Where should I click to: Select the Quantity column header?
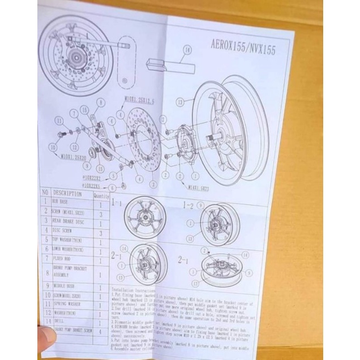click(101, 195)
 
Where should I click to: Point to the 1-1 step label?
click(117, 202)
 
